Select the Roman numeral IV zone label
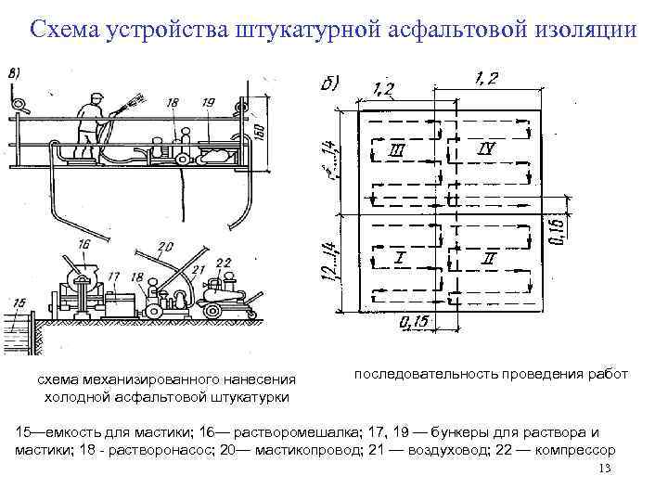[486, 148]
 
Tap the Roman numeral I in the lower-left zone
[399, 257]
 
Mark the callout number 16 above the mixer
[85, 244]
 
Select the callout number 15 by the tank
[20, 302]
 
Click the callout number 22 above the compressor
[223, 263]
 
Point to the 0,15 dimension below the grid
[415, 322]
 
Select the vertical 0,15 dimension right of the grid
[555, 226]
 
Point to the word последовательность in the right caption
[426, 375]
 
